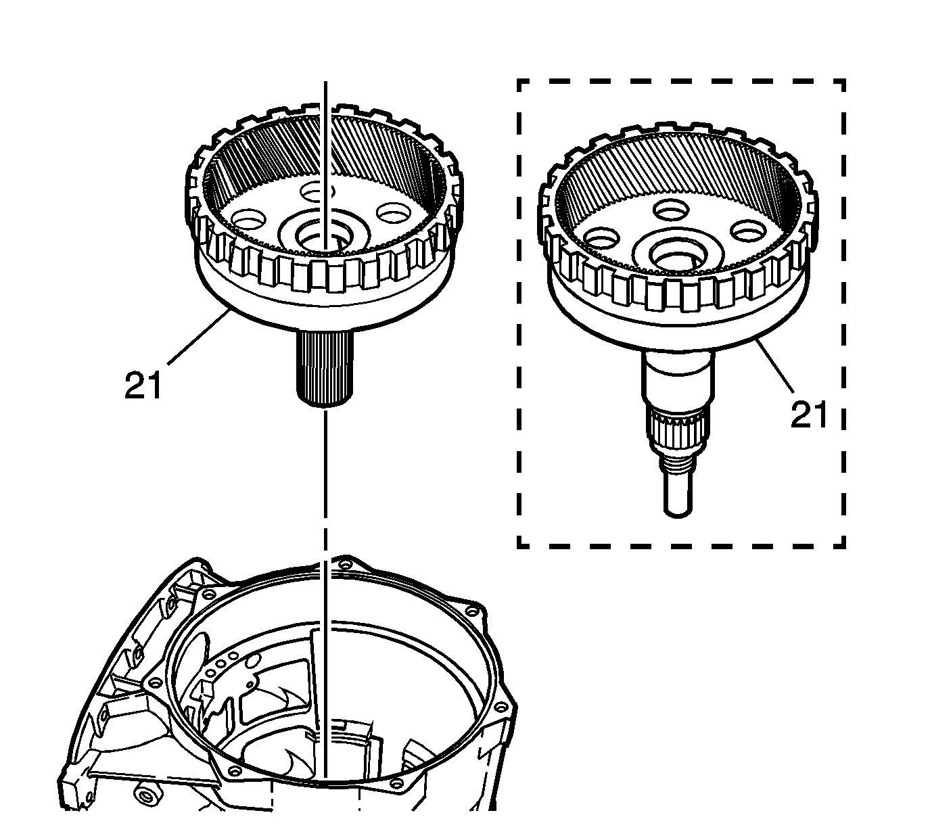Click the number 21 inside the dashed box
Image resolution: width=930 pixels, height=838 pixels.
tap(809, 416)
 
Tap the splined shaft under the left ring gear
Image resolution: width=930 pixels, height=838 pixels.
tap(325, 369)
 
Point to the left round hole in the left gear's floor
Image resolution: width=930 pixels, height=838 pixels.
tap(250, 219)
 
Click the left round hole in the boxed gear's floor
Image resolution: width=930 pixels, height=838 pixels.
tap(602, 237)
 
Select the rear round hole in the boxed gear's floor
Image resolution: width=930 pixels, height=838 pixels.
tap(671, 209)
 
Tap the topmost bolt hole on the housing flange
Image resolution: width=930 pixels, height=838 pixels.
tap(344, 564)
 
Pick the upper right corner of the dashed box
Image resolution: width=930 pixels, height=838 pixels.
tap(844, 80)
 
